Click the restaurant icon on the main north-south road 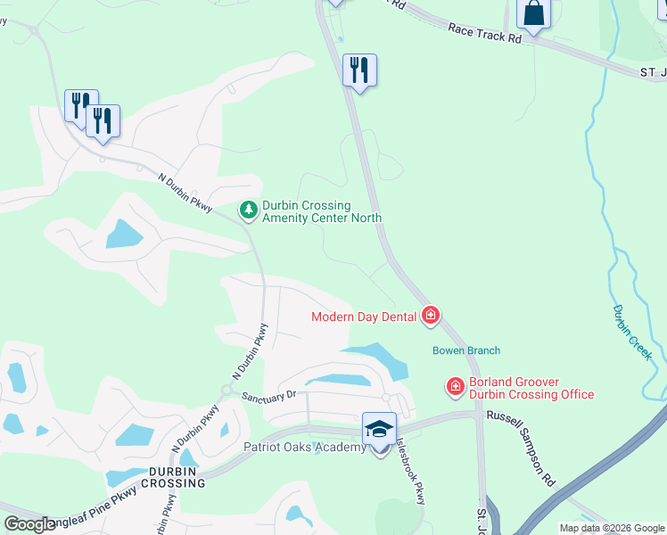[359, 70]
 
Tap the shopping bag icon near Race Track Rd [533, 14]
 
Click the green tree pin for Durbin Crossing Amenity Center [248, 210]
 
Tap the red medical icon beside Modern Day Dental [431, 316]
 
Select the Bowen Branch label [466, 350]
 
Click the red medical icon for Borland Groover [455, 387]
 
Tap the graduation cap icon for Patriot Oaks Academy [380, 429]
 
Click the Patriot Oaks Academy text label [305, 447]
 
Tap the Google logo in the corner [29, 523]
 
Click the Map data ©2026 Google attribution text [612, 528]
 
